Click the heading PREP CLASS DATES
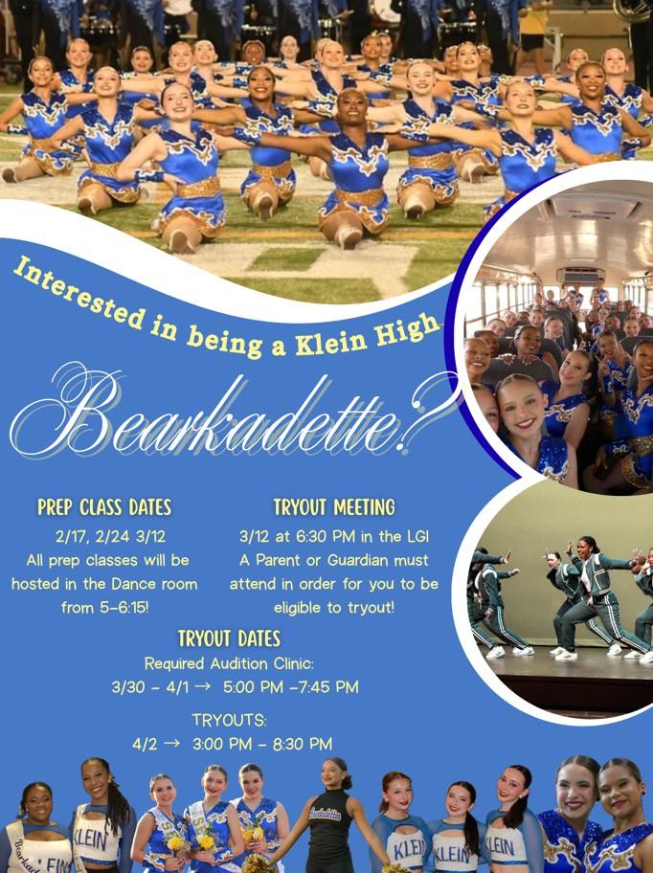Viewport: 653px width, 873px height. click(104, 507)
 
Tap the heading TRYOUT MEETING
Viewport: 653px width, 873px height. click(334, 507)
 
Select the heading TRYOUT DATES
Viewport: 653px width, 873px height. click(229, 638)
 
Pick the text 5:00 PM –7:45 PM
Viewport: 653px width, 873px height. click(290, 687)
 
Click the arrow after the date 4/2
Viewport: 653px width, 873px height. click(172, 743)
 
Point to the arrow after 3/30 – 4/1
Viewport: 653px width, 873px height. click(203, 686)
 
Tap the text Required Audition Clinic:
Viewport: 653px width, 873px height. click(229, 663)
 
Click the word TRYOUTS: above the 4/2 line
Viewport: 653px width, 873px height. click(230, 721)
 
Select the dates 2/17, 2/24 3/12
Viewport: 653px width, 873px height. click(110, 537)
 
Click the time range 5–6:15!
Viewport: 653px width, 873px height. click(124, 608)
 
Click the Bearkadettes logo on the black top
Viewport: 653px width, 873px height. click(326, 814)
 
